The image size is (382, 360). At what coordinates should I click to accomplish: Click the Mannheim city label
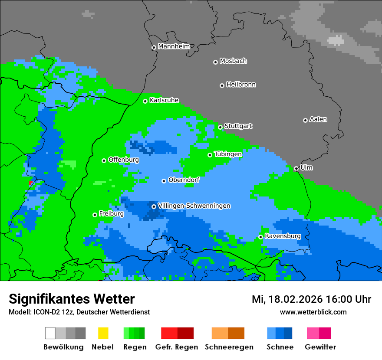pos(174,46)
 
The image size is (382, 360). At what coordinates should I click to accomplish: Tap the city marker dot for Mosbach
pos(215,62)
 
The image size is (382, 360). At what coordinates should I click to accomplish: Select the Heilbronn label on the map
pos(241,85)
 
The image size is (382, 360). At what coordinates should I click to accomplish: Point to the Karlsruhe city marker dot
pos(145,101)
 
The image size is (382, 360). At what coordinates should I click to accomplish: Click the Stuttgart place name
pos(238,126)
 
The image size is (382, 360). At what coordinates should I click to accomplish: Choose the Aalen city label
pos(318,119)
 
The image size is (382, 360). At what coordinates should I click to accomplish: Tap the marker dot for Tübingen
pos(210,155)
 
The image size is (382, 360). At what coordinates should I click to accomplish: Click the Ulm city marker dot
pos(296,168)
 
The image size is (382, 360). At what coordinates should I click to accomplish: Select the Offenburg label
pos(124,160)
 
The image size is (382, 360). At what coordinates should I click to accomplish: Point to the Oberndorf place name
pos(184,180)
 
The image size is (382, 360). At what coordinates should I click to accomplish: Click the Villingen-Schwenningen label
pos(194,206)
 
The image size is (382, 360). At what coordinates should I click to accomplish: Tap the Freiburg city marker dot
pos(95,215)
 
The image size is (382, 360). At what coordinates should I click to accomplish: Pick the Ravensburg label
pos(283,236)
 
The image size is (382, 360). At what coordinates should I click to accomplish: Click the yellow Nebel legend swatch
pos(103,333)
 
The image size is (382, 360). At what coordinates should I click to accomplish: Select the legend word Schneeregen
pos(229,347)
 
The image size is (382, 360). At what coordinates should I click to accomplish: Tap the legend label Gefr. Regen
pos(177,347)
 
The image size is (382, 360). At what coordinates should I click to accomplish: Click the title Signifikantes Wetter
pos(72,299)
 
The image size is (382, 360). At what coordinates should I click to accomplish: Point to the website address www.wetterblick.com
pos(313,312)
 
